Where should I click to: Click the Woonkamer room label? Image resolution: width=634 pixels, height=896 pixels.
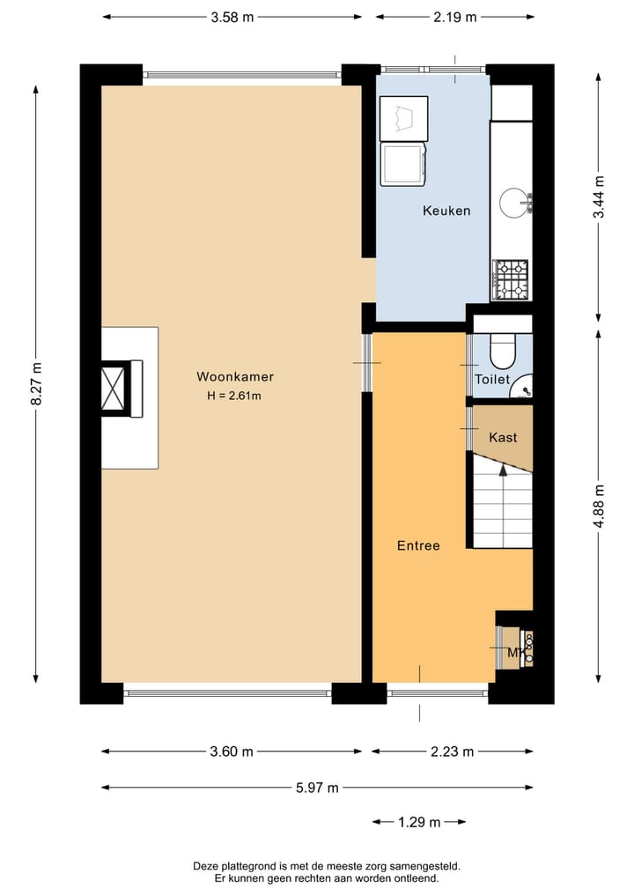(x=228, y=376)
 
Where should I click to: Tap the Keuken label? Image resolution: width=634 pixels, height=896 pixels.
(x=446, y=211)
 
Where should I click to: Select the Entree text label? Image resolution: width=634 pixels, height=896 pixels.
(x=418, y=545)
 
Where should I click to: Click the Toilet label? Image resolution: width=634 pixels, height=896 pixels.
(x=491, y=380)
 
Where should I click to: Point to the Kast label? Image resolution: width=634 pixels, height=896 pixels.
(x=503, y=437)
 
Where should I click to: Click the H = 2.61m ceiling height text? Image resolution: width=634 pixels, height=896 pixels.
(x=234, y=396)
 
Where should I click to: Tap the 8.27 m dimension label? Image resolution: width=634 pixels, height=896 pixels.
(x=36, y=384)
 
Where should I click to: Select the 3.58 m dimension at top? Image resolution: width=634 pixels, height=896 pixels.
(x=232, y=16)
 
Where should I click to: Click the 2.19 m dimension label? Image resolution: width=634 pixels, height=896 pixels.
(x=454, y=16)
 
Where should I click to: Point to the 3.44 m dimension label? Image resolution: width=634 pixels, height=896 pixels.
(x=598, y=201)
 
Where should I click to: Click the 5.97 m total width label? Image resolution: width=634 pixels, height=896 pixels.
(x=316, y=788)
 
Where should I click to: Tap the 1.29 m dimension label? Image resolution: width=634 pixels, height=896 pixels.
(x=418, y=822)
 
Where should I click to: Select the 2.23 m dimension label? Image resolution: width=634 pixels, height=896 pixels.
(x=452, y=752)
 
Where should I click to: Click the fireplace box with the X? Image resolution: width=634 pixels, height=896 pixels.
(x=115, y=388)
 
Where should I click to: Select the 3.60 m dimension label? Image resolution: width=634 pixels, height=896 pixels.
(x=231, y=752)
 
